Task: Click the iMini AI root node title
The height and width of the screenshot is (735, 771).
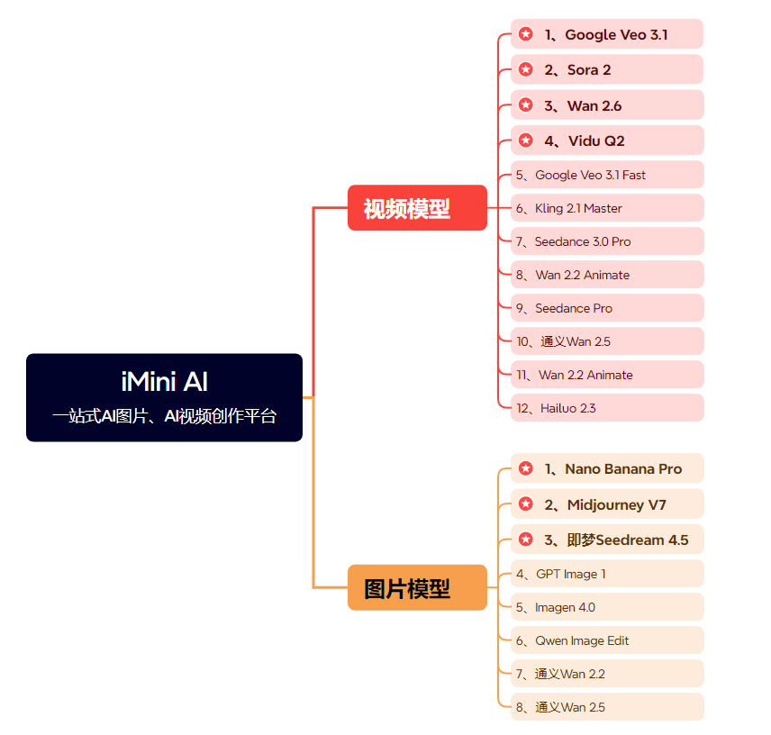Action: tap(165, 381)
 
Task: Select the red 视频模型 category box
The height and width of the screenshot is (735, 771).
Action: tap(417, 208)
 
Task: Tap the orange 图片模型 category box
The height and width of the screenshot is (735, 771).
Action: tap(417, 588)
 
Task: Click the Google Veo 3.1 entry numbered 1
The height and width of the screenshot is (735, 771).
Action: tap(606, 35)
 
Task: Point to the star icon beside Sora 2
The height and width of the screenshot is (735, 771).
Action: tap(526, 69)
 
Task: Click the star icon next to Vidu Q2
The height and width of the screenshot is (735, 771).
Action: tap(526, 141)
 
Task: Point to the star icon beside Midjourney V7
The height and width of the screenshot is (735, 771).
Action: tap(526, 504)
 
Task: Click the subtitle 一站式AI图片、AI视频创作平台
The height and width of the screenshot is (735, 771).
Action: tap(165, 416)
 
